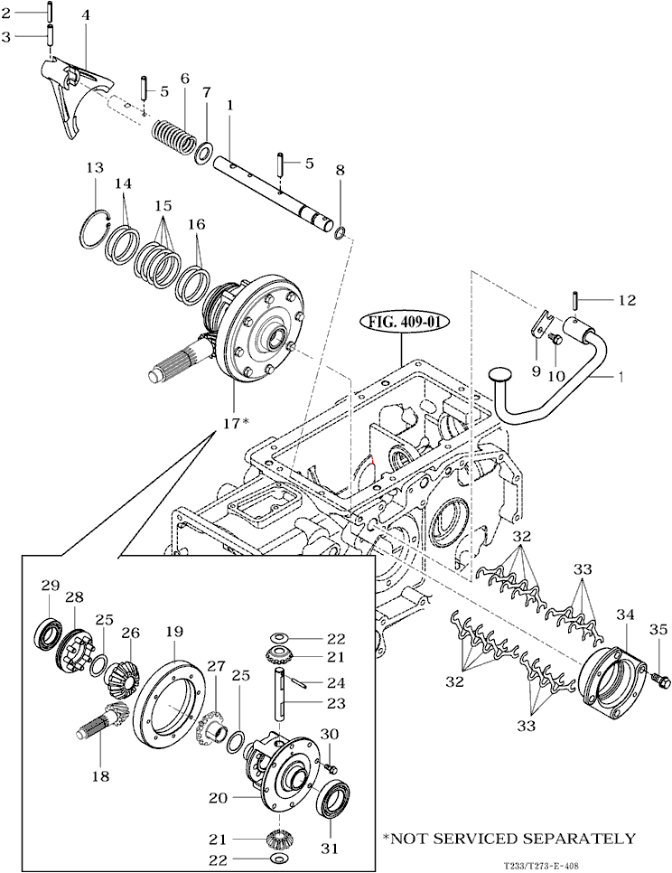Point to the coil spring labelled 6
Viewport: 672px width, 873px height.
tap(173, 136)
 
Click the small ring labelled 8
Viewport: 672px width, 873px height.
tap(341, 231)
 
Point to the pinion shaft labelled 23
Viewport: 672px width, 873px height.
tap(279, 702)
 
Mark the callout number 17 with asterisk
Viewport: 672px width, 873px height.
tap(234, 423)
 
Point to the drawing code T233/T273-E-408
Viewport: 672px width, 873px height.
tap(541, 867)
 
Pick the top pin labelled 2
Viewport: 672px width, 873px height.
tap(49, 13)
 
